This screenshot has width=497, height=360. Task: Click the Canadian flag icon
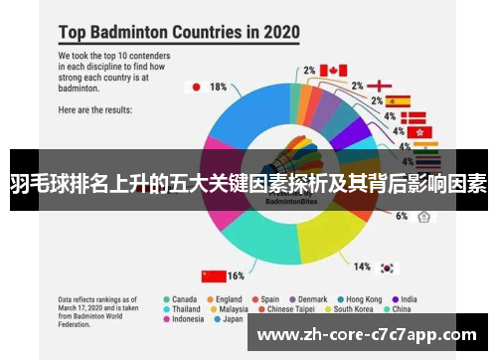tap(333, 70)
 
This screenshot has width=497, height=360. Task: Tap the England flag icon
tap(380, 86)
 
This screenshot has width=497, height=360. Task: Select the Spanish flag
tap(398, 100)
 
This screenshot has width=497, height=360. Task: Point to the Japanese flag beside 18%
tap(197, 87)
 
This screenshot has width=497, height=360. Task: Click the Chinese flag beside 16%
tap(212, 274)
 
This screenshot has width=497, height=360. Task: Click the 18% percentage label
tap(218, 87)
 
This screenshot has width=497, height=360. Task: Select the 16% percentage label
tap(236, 274)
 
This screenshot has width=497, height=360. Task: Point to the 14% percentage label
tap(363, 267)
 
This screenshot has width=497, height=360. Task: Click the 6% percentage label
tap(402, 216)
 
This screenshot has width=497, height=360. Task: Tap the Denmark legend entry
tap(312, 297)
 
